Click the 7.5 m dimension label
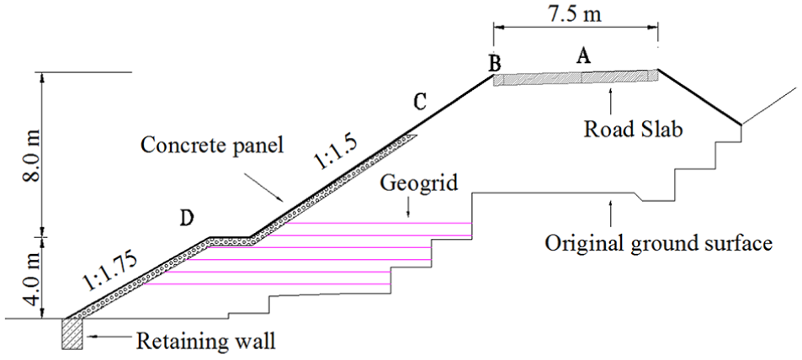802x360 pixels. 575,13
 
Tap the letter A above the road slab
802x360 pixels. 583,55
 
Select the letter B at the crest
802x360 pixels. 494,64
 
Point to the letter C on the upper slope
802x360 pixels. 419,103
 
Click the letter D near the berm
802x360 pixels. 186,219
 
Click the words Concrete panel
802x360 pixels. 212,146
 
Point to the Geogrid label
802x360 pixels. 419,183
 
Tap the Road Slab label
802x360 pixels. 633,129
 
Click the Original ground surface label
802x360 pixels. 658,243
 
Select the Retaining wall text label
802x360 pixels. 206,341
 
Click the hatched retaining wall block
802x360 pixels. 72,334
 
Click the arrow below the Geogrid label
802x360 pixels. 407,209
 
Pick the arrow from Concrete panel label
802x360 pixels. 263,186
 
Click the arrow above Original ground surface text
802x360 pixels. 610,214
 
